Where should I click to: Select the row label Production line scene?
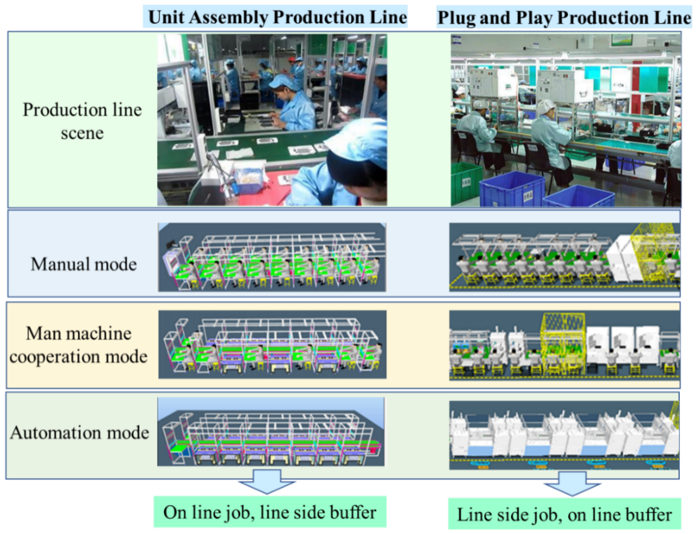click(x=82, y=121)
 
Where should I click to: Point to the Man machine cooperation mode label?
click(x=78, y=345)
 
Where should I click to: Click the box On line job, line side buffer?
click(x=270, y=512)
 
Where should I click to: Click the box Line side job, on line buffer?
click(x=564, y=514)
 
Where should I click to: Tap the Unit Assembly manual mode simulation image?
click(x=272, y=257)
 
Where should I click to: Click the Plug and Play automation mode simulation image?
click(x=564, y=435)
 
